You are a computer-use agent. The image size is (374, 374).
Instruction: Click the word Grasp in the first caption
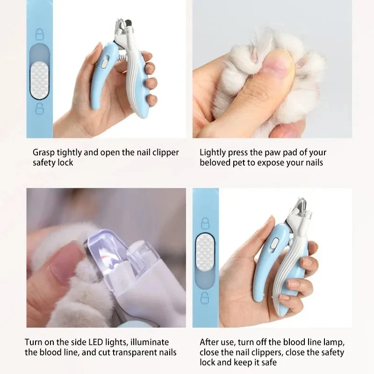click(x=43, y=152)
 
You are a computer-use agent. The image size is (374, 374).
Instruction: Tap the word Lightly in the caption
click(x=213, y=152)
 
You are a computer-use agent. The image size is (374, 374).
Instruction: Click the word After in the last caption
click(x=210, y=342)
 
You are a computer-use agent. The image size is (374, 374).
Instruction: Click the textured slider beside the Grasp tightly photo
click(x=39, y=79)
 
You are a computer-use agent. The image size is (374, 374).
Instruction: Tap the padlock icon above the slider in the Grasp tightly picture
click(x=39, y=35)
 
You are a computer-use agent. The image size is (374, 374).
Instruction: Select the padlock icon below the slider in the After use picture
click(x=204, y=297)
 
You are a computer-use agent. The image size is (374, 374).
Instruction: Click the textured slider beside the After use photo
click(x=204, y=251)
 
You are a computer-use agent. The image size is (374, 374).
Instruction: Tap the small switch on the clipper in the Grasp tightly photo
click(x=105, y=61)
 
